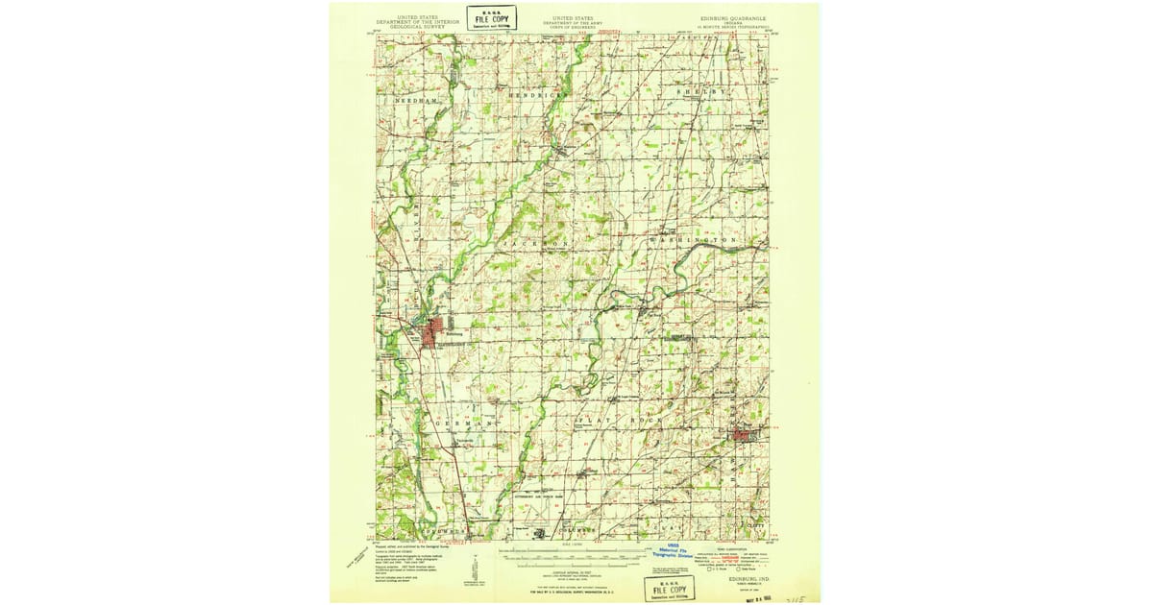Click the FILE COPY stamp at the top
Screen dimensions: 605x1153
coord(491,17)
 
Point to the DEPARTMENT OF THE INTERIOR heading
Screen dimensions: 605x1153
coord(411,21)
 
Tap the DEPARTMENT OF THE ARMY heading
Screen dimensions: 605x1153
coord(573,21)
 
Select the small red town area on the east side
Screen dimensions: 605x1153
coord(743,435)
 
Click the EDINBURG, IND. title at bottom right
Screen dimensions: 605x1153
coord(745,578)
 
